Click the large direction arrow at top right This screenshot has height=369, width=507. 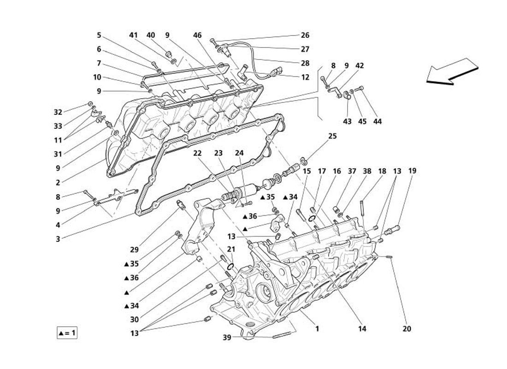452,72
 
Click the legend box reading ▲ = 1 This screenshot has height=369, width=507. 67,333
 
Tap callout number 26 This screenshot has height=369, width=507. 305,35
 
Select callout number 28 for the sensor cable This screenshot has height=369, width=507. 305,63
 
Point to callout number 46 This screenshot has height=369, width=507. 198,35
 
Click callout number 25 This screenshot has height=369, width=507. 332,136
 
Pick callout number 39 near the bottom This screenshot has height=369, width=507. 227,338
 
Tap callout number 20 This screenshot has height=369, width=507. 407,329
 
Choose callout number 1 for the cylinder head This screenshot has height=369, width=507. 317,329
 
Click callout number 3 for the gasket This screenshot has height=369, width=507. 58,239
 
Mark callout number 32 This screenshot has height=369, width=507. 58,113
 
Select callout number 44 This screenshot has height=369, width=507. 377,121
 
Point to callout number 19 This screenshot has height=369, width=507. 412,171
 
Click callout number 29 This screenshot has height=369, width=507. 134,250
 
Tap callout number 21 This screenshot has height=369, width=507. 231,250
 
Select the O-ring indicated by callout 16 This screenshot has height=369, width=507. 312,219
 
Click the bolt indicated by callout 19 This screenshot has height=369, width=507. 392,231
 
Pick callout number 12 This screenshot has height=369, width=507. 305,77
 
